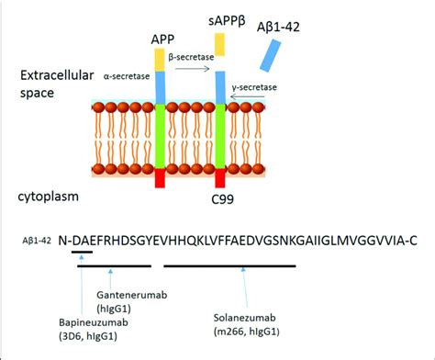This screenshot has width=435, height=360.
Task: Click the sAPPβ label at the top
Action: click(222, 16)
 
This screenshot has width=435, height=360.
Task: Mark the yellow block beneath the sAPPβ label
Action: click(220, 41)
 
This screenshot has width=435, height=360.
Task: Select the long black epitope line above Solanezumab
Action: click(229, 266)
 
